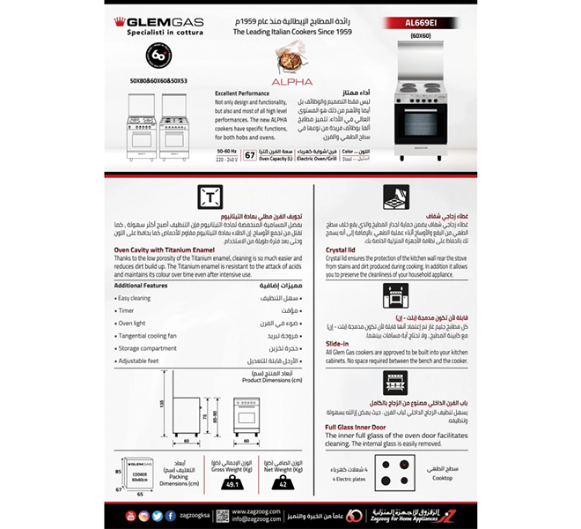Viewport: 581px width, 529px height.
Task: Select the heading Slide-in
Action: [338, 343]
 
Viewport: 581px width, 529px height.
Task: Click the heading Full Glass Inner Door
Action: [365, 427]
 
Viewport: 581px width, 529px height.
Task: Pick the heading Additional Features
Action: [141, 286]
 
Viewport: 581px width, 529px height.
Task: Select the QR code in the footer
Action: [223, 515]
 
